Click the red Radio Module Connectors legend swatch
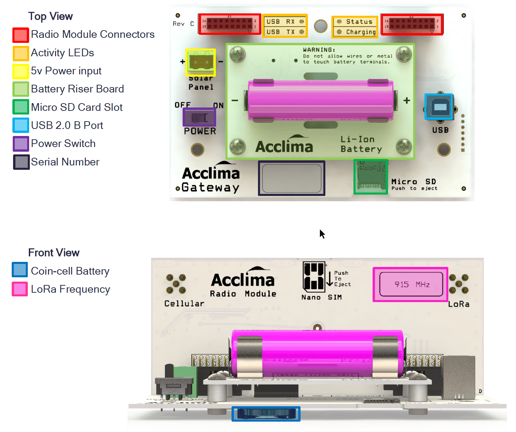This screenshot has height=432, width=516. pos(20,35)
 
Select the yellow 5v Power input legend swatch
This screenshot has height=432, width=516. pos(20,71)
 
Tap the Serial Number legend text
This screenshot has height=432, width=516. pos(65,162)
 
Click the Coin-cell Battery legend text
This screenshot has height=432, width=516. pos(70,271)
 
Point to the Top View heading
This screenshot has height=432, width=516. pos(50,16)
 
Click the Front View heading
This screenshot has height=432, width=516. pos(54,253)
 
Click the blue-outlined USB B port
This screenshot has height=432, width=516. pos(439,107)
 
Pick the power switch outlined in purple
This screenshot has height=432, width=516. pos(199,117)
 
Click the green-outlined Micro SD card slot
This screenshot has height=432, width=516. pos(371,177)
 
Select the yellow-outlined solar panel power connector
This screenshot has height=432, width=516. pos(200,63)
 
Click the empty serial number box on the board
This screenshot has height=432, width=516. pos(292,178)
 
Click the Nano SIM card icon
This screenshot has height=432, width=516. pos(314,276)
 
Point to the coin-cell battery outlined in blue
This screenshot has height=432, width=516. pos(266,414)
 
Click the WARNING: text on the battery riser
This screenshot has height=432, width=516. pos(319,50)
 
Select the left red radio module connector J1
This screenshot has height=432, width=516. pos(230,24)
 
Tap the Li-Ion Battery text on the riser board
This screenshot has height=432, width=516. pos(361,144)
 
